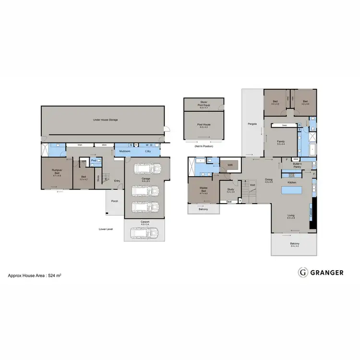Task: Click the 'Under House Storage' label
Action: click(x=106, y=120)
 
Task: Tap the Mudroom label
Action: click(x=125, y=151)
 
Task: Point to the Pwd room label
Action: click(x=94, y=160)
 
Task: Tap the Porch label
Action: click(x=114, y=201)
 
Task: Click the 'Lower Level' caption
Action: click(x=106, y=229)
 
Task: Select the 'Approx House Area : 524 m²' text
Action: click(x=35, y=276)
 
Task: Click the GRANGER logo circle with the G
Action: click(x=303, y=272)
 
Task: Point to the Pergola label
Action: click(x=253, y=124)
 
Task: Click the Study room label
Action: click(x=230, y=190)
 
